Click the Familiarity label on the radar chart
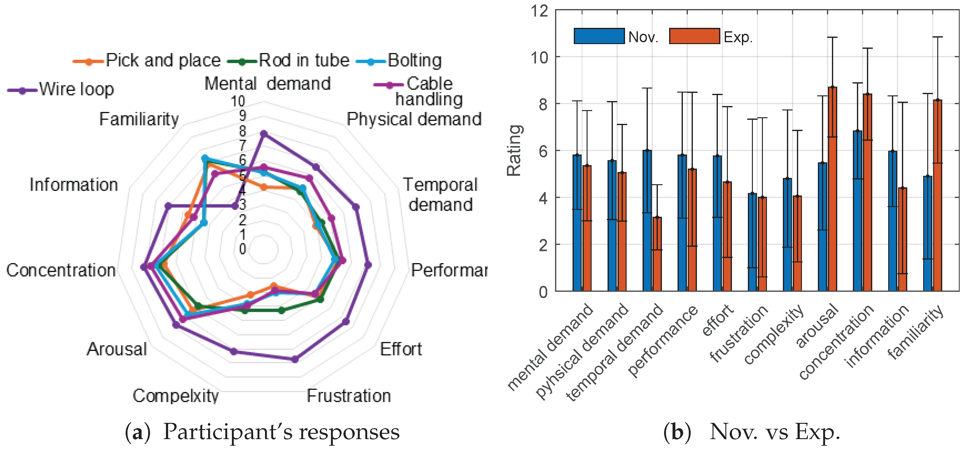pos(139,119)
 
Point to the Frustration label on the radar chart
pos(349,396)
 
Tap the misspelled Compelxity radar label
pos(176,396)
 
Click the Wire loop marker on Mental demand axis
pos(264,134)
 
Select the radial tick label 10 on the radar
pos(238,101)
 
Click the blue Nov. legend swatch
pos(599,36)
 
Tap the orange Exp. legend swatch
pos(694,36)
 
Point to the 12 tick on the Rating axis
pos(539,11)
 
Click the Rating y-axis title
pos(514,150)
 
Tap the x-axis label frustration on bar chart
pos(739,334)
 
